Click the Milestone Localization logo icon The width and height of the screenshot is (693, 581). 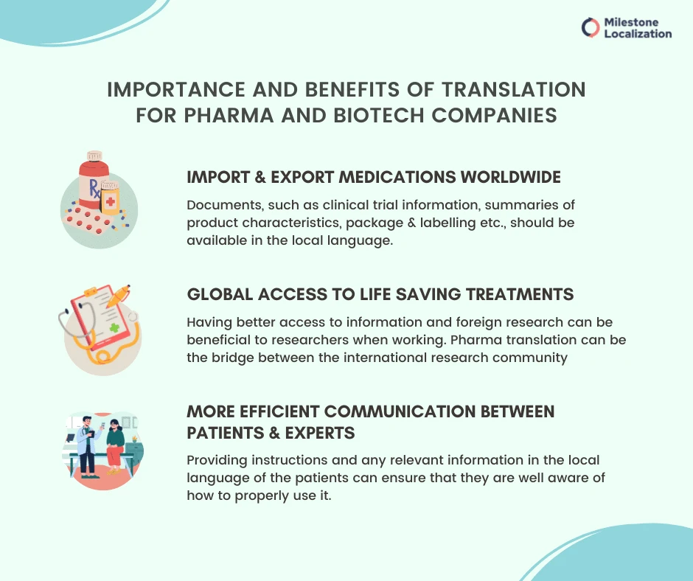coord(591,28)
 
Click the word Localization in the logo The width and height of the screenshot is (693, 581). coord(638,34)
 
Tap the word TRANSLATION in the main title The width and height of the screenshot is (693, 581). coord(512,90)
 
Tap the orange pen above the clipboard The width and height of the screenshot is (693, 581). coord(118,295)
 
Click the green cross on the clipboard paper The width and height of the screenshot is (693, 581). coord(112,328)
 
